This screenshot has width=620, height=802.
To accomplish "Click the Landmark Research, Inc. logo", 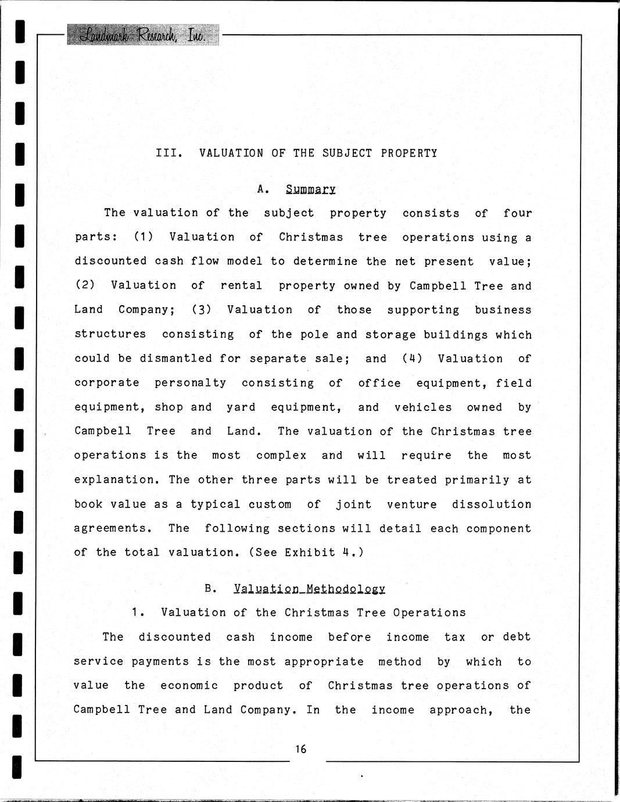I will click(143, 35).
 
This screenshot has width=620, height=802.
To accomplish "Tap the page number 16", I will click(300, 749).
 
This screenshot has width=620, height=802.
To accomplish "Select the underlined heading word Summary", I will click(310, 189).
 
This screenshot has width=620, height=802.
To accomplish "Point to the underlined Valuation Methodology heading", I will click(309, 589).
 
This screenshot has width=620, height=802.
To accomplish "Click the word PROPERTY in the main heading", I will click(409, 153).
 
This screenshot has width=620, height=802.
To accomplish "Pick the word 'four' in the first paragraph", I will click(517, 213).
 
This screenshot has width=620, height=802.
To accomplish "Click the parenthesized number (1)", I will click(143, 237).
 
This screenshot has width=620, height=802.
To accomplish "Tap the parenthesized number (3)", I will click(201, 310).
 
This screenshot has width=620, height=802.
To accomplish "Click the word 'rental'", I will click(241, 285).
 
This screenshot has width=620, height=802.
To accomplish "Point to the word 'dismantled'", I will click(175, 359).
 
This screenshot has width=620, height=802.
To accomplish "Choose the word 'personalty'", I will click(190, 383).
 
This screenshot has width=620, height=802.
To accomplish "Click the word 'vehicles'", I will click(423, 407).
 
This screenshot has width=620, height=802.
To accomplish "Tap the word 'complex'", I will click(281, 456).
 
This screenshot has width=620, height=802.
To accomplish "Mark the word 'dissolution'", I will click(492, 504).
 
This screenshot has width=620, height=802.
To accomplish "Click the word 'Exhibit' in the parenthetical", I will click(310, 553).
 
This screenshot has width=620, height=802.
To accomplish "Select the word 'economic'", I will click(189, 686).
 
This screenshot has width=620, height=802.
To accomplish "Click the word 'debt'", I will click(517, 637).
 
